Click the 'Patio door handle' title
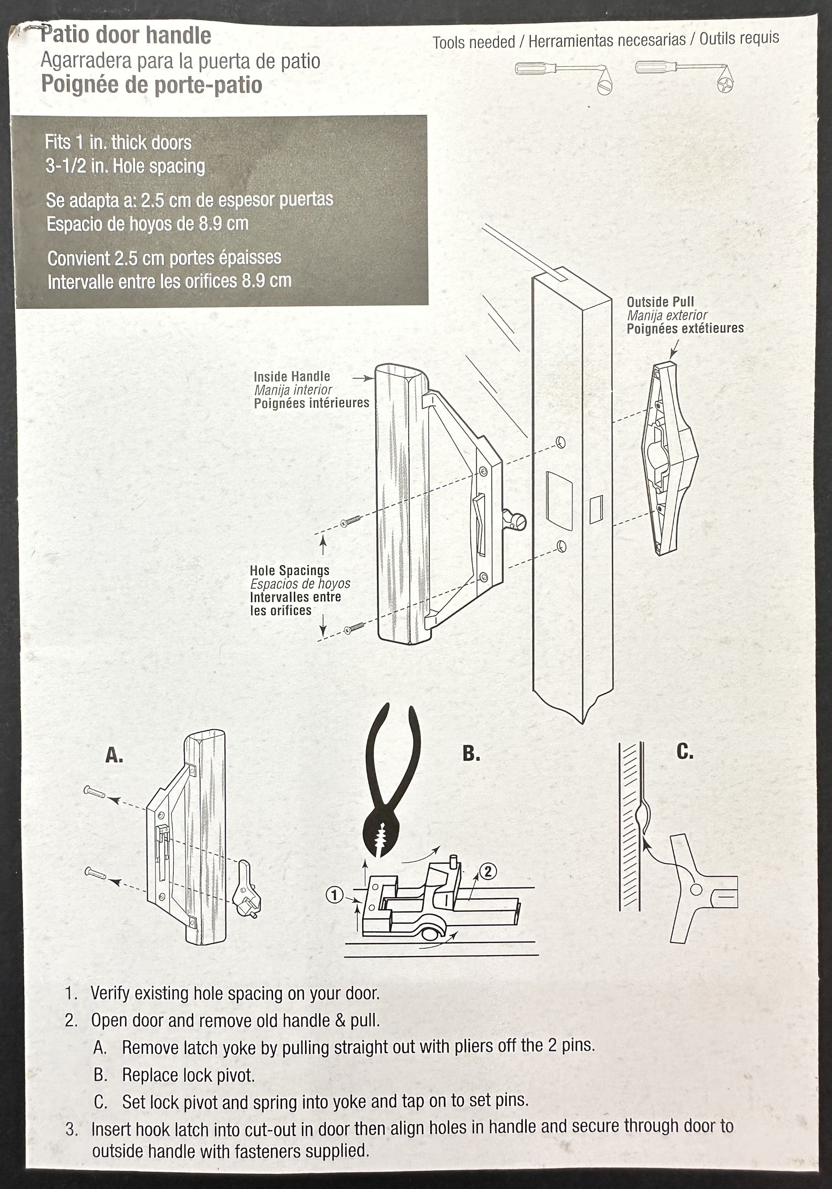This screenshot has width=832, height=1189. [126, 35]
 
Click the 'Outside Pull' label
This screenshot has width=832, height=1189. [660, 302]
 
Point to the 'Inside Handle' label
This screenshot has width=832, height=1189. [291, 377]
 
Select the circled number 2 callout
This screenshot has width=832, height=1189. [488, 871]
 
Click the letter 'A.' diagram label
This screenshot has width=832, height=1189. [114, 756]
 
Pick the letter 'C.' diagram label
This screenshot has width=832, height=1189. [685, 751]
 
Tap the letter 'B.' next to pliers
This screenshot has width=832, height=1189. [471, 753]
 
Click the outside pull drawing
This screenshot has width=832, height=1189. [669, 459]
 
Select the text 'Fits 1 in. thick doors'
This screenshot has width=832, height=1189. [118, 142]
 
